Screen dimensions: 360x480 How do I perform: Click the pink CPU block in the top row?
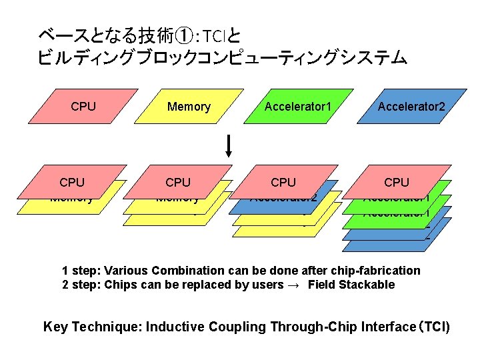83,107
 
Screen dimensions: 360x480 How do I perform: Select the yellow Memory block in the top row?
189,107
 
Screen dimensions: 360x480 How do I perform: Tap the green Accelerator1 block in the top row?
297,107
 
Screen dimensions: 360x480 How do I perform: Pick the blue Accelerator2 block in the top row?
411,107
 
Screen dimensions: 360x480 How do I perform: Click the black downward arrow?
229,146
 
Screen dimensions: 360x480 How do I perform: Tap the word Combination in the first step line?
188,270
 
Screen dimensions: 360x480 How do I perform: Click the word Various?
127,270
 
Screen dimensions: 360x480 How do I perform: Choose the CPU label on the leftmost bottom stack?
72,182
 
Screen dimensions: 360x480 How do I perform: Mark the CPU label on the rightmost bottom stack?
397,182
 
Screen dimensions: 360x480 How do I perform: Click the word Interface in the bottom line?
376,327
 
